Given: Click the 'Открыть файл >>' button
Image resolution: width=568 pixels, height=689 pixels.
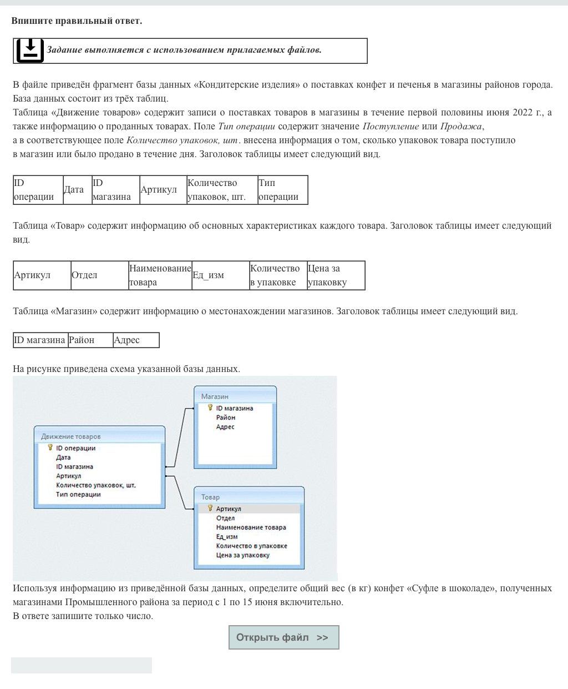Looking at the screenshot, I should click(x=283, y=637).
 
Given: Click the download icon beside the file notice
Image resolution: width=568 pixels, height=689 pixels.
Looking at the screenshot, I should click(x=29, y=51).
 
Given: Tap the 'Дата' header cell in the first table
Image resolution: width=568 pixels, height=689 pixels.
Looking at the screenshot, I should click(x=74, y=190).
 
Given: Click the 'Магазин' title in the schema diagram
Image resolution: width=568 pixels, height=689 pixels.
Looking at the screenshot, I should click(x=215, y=396).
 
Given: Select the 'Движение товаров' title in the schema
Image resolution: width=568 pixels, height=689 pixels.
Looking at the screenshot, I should click(x=71, y=436).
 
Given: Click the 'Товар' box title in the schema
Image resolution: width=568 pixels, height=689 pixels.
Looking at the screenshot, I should click(x=210, y=497).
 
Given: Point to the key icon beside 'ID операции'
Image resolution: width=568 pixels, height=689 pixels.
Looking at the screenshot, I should click(x=50, y=447).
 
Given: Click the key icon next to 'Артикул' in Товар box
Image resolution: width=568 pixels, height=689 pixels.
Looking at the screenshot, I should click(x=210, y=508).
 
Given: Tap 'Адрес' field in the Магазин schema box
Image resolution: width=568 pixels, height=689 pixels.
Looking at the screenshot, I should click(x=225, y=427).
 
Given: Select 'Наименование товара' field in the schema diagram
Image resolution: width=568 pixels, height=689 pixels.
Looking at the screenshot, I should click(x=251, y=527).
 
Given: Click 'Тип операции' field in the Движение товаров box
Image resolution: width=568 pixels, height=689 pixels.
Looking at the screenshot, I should click(x=78, y=495).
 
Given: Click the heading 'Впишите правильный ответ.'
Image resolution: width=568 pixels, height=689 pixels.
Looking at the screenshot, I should click(x=77, y=21).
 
